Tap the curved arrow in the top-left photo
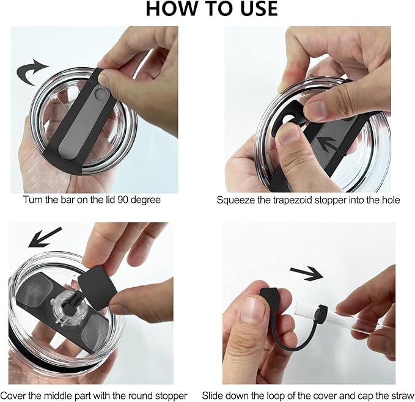tap(31, 71)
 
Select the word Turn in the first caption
tap(33, 199)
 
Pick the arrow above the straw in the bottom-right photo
tap(307, 274)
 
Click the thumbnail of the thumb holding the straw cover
tap(252, 310)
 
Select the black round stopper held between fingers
tap(97, 287)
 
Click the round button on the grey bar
tap(100, 94)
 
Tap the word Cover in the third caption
tap(13, 396)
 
